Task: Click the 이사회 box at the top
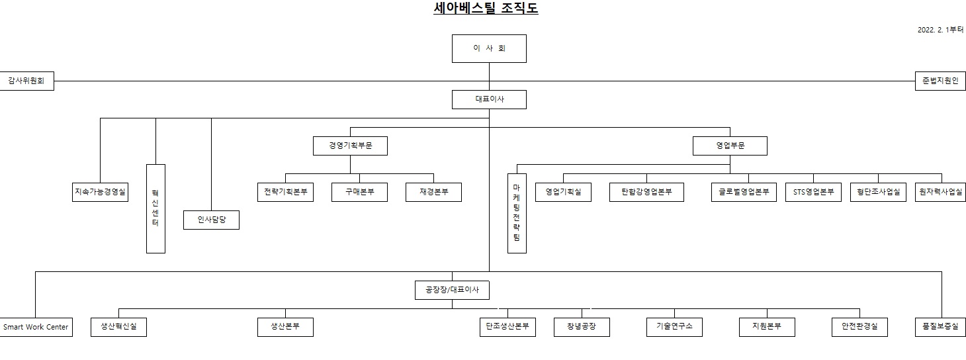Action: coord(489,48)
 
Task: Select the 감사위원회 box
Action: coord(26,81)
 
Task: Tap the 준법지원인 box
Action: coord(940,81)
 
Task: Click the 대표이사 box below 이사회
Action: coord(489,99)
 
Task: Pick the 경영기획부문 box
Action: coord(350,146)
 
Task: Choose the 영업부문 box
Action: coord(730,146)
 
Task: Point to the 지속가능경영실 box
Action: coord(100,192)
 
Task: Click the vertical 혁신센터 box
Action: coord(155,208)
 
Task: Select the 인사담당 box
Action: coord(211,220)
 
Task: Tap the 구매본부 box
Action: coord(359,192)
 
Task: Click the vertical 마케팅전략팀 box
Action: coord(517,213)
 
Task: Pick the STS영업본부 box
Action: coord(813,192)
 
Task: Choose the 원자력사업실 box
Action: coord(940,192)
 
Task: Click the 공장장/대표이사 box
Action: coord(452,290)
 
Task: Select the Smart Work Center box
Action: coord(36,327)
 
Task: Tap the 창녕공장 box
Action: coord(582,327)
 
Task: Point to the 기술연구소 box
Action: coord(674,327)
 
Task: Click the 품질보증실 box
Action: coord(940,327)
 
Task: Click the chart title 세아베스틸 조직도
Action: coord(485,9)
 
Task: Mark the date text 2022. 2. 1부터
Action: coord(940,30)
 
